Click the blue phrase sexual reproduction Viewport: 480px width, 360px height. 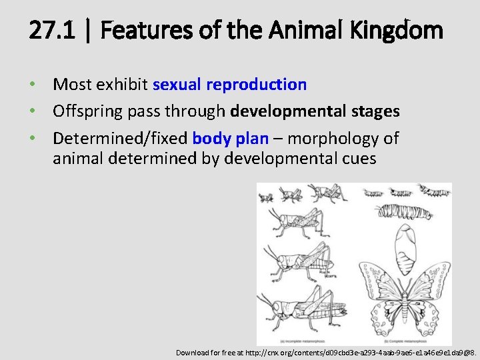(x=229, y=85)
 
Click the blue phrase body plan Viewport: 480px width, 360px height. (x=230, y=139)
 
